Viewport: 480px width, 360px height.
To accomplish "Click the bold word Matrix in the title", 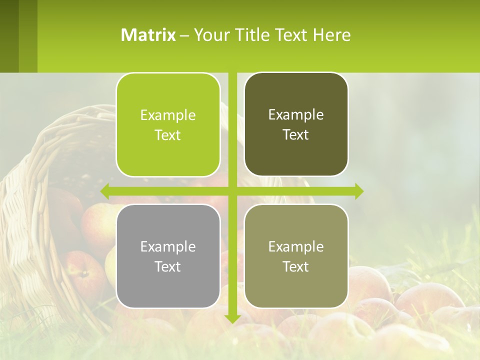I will click(148, 35).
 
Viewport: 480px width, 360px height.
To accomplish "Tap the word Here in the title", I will click(331, 35).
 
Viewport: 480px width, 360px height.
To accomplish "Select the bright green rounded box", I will click(168, 124).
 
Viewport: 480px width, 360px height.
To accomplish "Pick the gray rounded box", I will click(168, 256).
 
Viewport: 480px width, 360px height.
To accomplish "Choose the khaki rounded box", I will click(296, 256).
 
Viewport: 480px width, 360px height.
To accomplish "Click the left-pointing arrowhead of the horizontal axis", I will click(105, 191).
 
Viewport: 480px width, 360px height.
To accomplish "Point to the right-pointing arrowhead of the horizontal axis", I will click(358, 191).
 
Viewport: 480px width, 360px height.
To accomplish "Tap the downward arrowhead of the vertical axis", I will click(232, 318).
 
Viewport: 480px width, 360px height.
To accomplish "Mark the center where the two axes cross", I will click(232, 191).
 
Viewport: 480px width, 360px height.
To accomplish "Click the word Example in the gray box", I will click(168, 246).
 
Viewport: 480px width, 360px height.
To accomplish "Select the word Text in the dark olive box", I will click(296, 134).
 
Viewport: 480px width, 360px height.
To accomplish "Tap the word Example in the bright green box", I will click(168, 115).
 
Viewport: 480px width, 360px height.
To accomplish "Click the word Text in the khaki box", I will click(296, 266).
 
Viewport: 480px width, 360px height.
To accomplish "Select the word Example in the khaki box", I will click(296, 246).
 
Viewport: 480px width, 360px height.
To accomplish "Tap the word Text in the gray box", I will click(168, 266).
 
